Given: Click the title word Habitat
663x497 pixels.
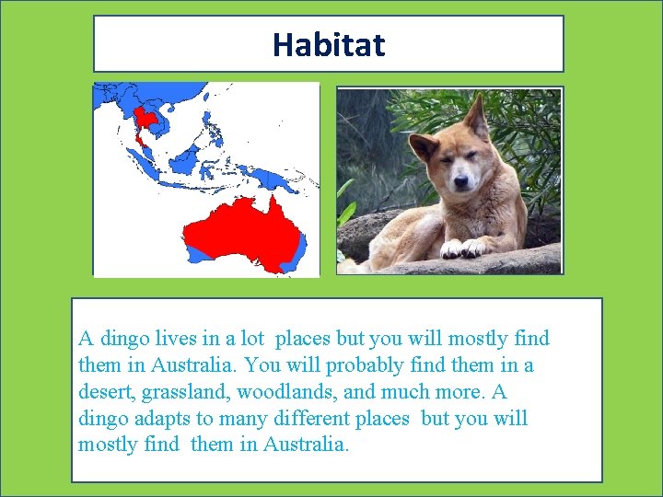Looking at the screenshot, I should (329, 44).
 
